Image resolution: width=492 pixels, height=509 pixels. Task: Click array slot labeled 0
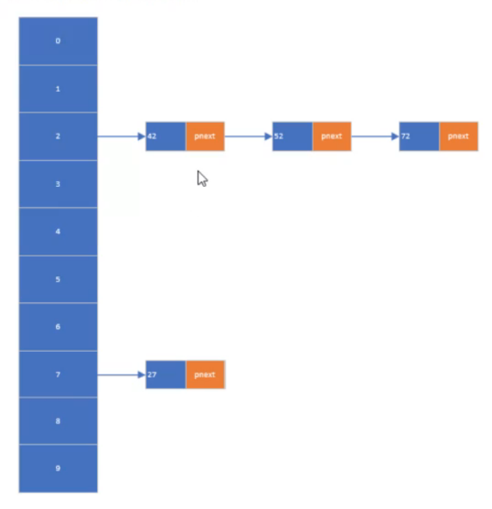pyautogui.click(x=58, y=41)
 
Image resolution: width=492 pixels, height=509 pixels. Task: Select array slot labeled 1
pyautogui.click(x=58, y=89)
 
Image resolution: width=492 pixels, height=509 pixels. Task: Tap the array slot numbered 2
pyautogui.click(x=58, y=136)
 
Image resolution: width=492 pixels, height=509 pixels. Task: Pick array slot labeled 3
pyautogui.click(x=58, y=184)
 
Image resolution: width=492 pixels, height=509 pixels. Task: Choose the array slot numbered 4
pyautogui.click(x=58, y=231)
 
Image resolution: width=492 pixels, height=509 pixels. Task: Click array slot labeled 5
pyautogui.click(x=58, y=279)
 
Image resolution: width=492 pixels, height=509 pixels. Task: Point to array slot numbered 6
pyautogui.click(x=58, y=326)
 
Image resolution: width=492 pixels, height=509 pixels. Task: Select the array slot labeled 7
pyautogui.click(x=58, y=374)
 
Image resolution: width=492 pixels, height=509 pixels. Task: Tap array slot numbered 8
pyautogui.click(x=58, y=421)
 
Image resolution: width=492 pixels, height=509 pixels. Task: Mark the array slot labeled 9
pyautogui.click(x=58, y=469)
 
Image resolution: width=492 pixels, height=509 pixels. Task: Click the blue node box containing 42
pyautogui.click(x=166, y=136)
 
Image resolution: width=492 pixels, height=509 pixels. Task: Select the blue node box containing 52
pyautogui.click(x=292, y=136)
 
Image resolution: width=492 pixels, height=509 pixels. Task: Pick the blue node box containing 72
pyautogui.click(x=419, y=136)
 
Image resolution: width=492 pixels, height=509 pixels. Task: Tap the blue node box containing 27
pyautogui.click(x=166, y=374)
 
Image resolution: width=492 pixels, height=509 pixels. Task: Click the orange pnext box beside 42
pyautogui.click(x=205, y=136)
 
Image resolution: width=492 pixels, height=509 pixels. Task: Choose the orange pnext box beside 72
pyautogui.click(x=459, y=136)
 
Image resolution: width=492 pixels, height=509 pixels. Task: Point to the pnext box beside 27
pyautogui.click(x=205, y=374)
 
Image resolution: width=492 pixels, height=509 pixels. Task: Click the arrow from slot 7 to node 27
pyautogui.click(x=121, y=374)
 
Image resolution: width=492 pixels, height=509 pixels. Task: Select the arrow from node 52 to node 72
pyautogui.click(x=375, y=136)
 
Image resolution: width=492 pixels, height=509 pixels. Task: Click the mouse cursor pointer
pyautogui.click(x=202, y=178)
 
